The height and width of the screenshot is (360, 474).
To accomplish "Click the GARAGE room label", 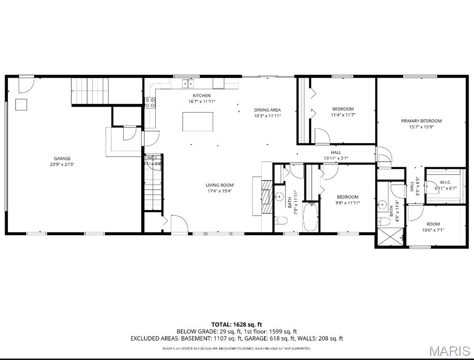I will click(62, 158).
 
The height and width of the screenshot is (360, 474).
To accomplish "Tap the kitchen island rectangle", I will click(197, 121).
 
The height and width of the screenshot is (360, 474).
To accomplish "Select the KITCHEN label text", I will click(198, 96).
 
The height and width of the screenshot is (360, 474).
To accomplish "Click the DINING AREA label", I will click(267, 110).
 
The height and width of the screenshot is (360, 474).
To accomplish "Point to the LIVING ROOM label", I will click(219, 185).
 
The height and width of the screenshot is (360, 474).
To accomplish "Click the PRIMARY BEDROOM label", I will click(421, 121).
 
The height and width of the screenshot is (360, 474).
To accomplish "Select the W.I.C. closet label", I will click(445, 182).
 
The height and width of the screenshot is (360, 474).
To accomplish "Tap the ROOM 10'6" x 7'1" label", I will click(433, 224).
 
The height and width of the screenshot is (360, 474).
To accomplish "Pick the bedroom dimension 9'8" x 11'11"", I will click(347, 202).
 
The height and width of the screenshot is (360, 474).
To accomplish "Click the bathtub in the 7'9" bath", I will click(310, 217).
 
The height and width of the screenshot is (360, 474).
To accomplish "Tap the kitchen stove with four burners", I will click(150, 103).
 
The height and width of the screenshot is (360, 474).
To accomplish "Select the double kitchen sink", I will click(188, 84).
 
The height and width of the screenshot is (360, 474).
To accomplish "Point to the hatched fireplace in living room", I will click(266, 197).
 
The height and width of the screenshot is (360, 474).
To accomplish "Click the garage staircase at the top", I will click(90, 90).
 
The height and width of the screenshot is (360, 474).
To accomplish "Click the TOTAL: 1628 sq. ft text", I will click(236, 324).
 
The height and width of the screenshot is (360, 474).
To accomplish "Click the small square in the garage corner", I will click(21, 105).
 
